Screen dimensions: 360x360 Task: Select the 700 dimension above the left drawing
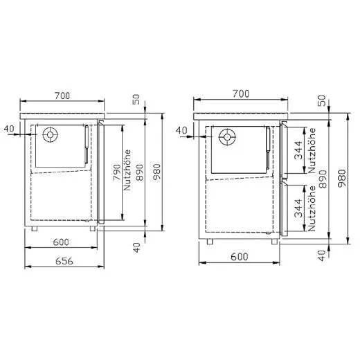pos(63,94)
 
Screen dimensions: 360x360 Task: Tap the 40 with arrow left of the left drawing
pos(9,128)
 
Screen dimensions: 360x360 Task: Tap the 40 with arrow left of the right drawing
pos(182,129)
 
